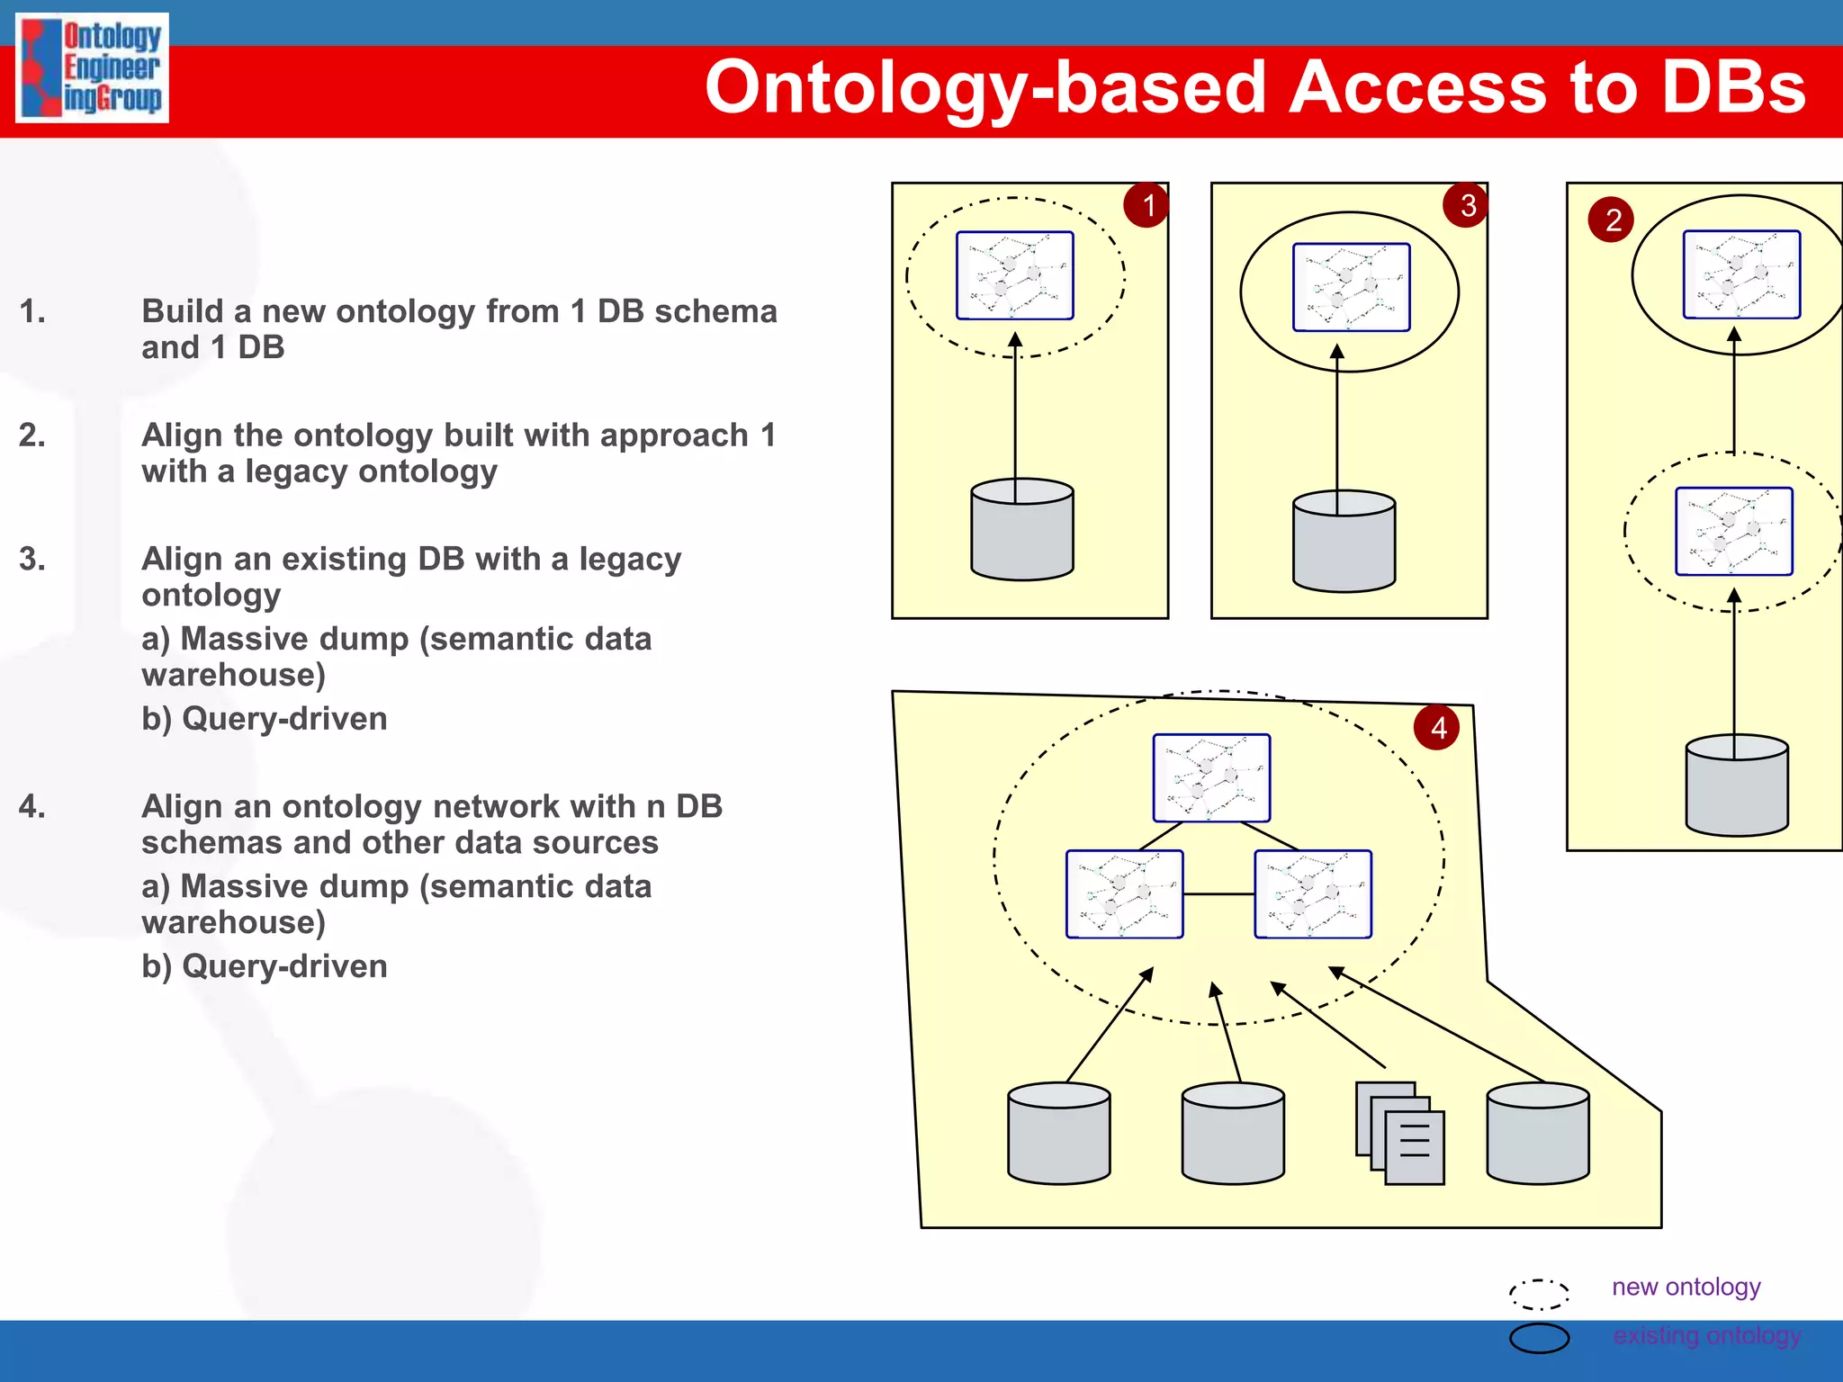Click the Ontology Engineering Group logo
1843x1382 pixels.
point(92,67)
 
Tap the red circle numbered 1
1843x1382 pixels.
point(1146,205)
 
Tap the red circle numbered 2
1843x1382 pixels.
point(1612,220)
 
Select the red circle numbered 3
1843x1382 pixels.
point(1466,205)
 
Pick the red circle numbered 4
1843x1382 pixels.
point(1437,727)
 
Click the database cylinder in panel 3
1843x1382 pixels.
point(1344,542)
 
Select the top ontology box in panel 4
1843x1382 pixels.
point(1211,777)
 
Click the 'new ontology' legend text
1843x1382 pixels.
point(1686,1287)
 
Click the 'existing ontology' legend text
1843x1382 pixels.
point(1706,1335)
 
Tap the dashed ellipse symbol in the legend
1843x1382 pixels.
point(1539,1294)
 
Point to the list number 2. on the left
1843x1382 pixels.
point(32,435)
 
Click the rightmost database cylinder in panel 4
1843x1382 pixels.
point(1537,1133)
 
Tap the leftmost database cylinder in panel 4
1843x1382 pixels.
point(1058,1133)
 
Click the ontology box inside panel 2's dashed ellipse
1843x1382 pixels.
point(1733,531)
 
